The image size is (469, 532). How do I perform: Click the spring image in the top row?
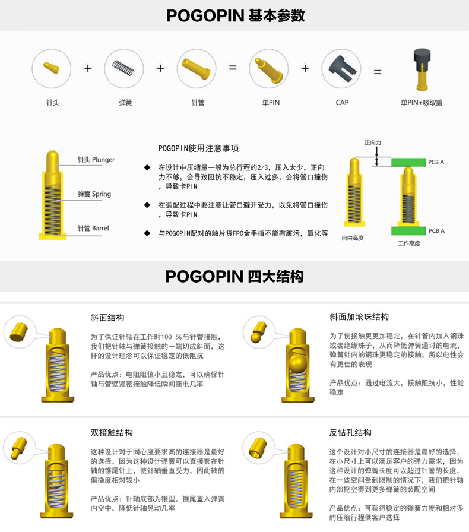[x=124, y=68]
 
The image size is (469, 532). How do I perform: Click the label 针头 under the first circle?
[x=52, y=103]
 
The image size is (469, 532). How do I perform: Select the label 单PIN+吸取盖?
[x=422, y=103]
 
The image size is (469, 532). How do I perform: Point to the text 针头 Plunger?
[x=96, y=160]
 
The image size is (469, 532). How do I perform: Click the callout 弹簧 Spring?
[x=94, y=194]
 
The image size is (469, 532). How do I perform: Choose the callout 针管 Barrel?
[x=93, y=228]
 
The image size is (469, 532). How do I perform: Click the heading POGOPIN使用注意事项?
[x=198, y=148]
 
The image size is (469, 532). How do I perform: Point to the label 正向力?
[x=372, y=143]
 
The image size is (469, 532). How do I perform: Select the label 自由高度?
[x=353, y=237]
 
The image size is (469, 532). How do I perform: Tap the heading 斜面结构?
[x=107, y=317]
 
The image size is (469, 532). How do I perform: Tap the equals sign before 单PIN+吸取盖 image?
[x=377, y=72]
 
